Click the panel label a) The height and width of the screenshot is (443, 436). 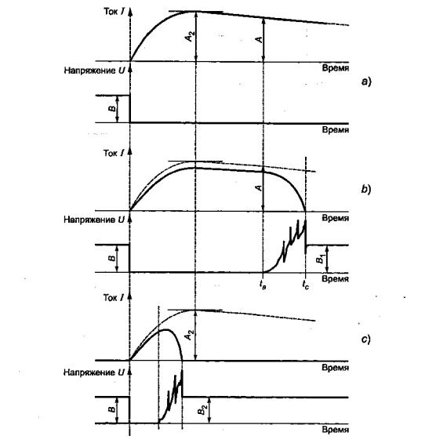pyautogui.click(x=366, y=82)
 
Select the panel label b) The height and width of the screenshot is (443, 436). pyautogui.click(x=366, y=189)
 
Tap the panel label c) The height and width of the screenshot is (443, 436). pyautogui.click(x=366, y=339)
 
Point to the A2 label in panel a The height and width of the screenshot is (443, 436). pyautogui.click(x=191, y=35)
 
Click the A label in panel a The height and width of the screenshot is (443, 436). pyautogui.click(x=259, y=39)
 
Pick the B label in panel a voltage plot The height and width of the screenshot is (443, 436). pyautogui.click(x=112, y=108)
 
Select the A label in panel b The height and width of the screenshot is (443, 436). pyautogui.click(x=259, y=188)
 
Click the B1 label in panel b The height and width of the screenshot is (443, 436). pyautogui.click(x=320, y=259)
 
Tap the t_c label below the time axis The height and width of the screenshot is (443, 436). pyautogui.click(x=306, y=285)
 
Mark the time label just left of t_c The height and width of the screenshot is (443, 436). pyautogui.click(x=262, y=285)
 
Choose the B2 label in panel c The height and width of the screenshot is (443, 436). pyautogui.click(x=202, y=409)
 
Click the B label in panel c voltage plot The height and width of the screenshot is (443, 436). pyautogui.click(x=112, y=409)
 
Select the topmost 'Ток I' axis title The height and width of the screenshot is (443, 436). pyautogui.click(x=114, y=12)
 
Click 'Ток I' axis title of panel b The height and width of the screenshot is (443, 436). pyautogui.click(x=114, y=153)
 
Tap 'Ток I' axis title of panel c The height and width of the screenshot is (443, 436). pyautogui.click(x=114, y=297)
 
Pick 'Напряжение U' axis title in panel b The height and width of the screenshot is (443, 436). pyautogui.click(x=94, y=220)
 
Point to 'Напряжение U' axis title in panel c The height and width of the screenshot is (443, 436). pyautogui.click(x=94, y=372)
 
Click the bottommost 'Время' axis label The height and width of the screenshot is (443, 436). pyautogui.click(x=336, y=430)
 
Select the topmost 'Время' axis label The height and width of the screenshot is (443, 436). pyautogui.click(x=336, y=68)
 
